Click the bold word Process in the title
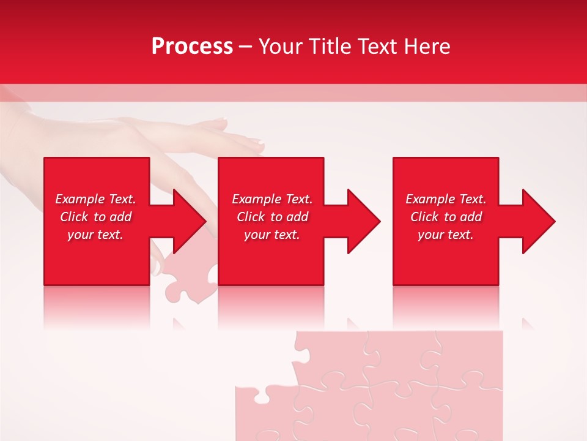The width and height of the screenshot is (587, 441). pos(192,47)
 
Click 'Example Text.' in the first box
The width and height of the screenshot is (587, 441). pos(95,199)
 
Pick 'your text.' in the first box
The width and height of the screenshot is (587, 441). pos(95,235)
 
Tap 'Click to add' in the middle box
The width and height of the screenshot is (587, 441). pos(272,217)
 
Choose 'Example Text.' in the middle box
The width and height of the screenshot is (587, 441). pos(272,199)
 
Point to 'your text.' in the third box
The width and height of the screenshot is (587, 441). pos(446,235)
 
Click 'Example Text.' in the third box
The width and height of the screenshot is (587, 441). pos(446,199)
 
